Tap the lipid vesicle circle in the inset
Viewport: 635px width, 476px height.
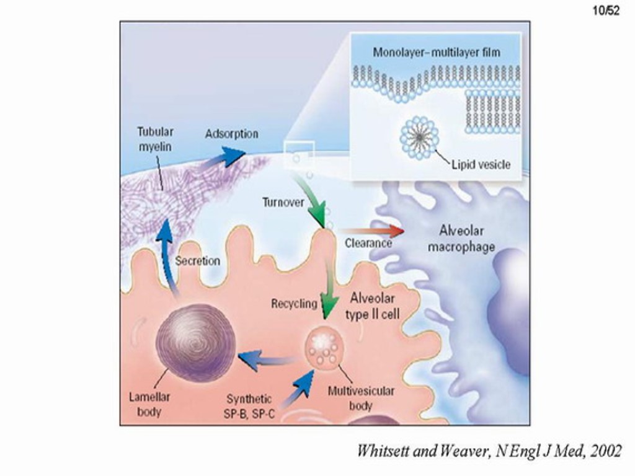pos(419,134)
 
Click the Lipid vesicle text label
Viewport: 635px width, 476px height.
pos(481,164)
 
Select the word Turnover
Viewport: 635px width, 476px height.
pos(283,202)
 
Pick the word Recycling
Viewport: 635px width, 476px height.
pos(294,304)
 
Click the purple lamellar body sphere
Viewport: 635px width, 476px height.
pos(195,338)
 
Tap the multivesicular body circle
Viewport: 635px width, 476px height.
pos(325,348)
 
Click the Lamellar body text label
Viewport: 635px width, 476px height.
pos(149,403)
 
